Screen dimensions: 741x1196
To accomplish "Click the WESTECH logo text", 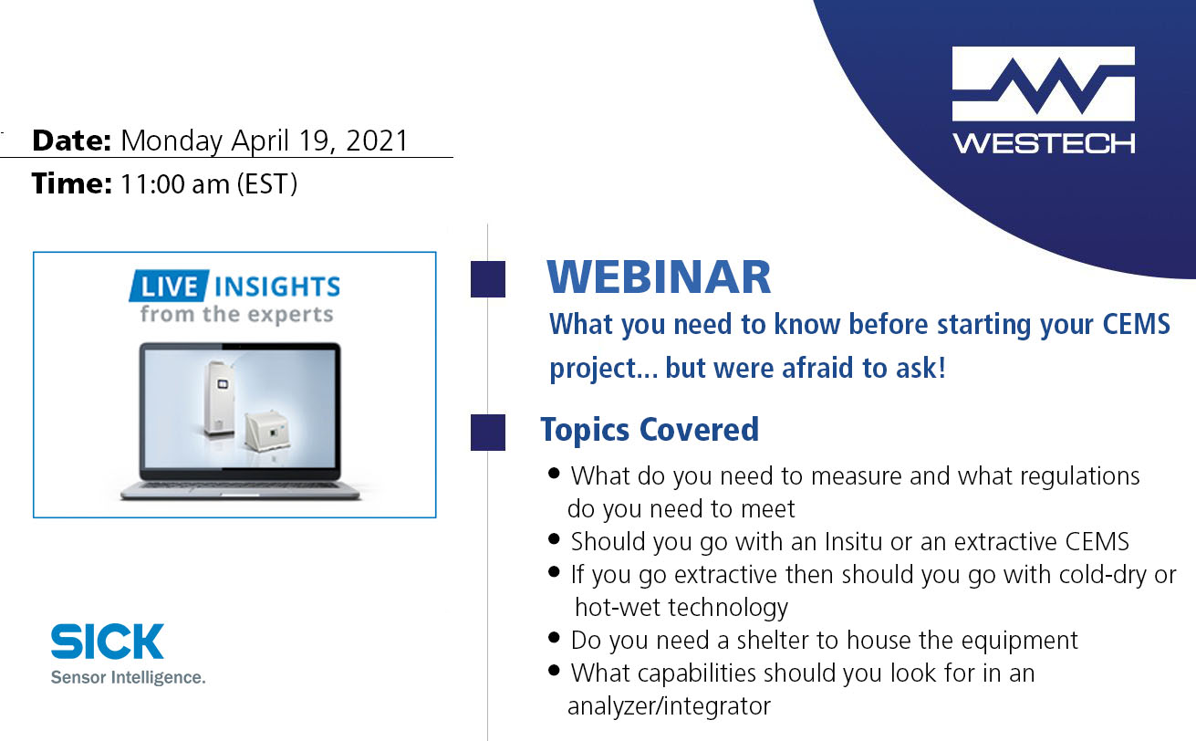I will click(x=1044, y=143).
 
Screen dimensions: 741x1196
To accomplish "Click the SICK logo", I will click(x=108, y=642).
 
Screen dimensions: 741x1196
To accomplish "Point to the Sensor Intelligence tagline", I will click(x=128, y=678).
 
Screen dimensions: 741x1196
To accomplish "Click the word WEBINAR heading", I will click(x=659, y=277).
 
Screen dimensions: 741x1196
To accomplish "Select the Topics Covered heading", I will click(x=650, y=429).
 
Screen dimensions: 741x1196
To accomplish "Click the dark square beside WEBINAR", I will click(x=488, y=279).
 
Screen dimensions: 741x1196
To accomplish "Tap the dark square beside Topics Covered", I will click(x=488, y=433).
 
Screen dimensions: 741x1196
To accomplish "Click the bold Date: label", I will click(x=71, y=141).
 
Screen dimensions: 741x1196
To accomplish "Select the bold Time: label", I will click(x=72, y=184).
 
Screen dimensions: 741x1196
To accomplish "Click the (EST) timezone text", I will click(x=267, y=184).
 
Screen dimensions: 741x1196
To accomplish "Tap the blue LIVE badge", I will click(x=169, y=287).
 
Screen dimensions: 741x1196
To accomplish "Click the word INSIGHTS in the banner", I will click(x=276, y=287).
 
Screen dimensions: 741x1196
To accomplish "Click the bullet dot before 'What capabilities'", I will click(x=555, y=672).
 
